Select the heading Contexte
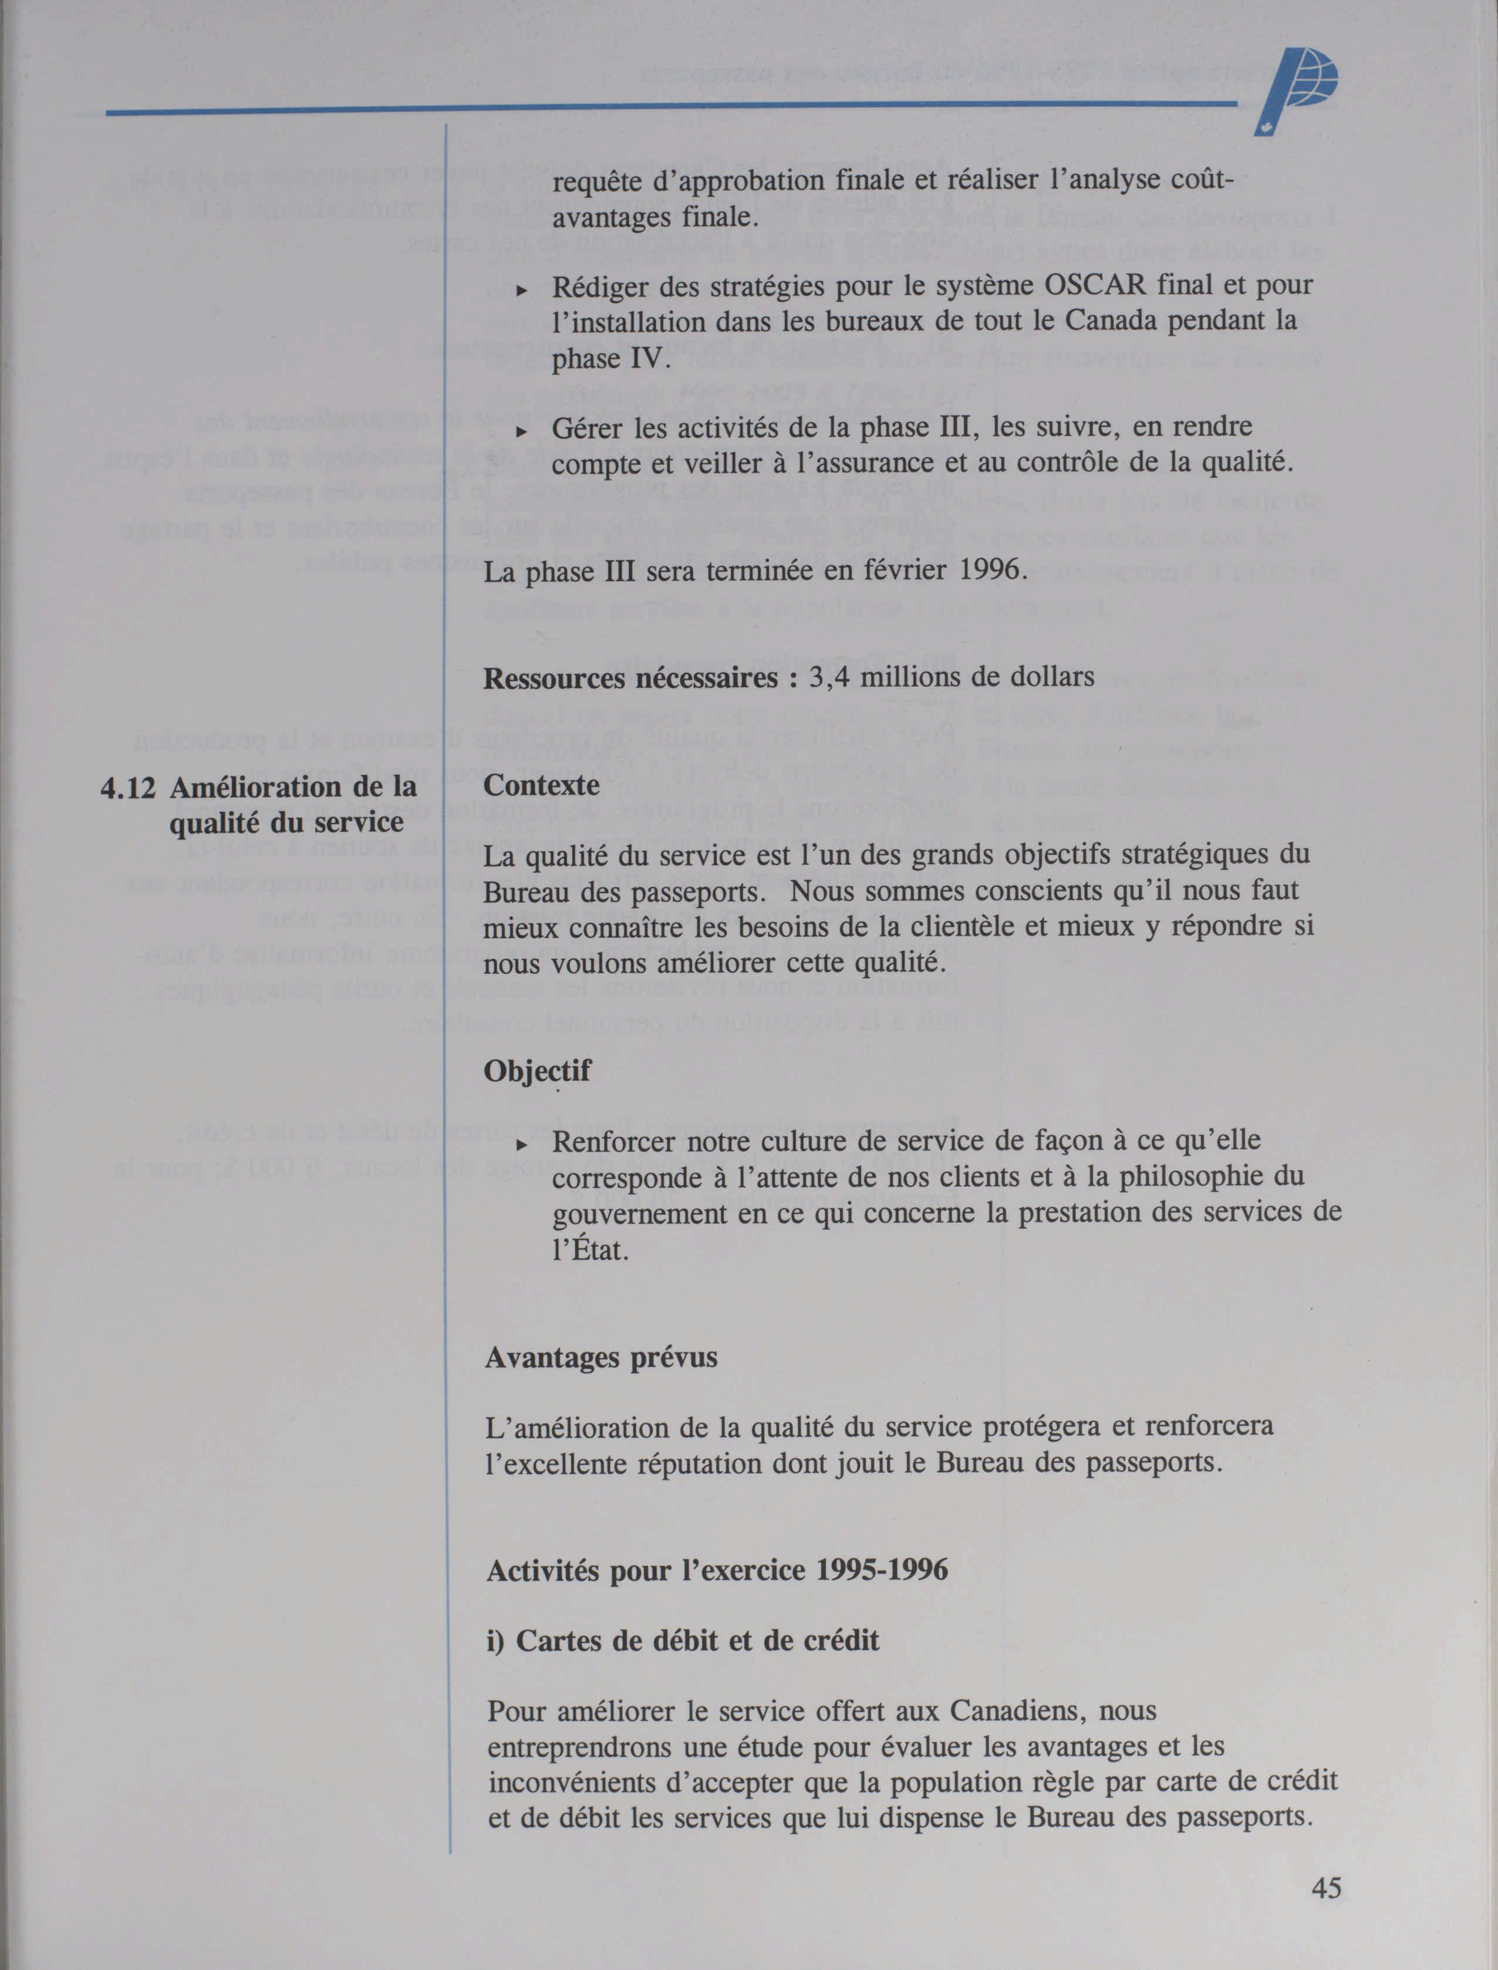coord(541,785)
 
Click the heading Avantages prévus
coord(601,1357)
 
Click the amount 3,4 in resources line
coord(828,678)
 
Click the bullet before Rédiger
coord(522,291)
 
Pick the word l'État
coord(591,1250)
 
